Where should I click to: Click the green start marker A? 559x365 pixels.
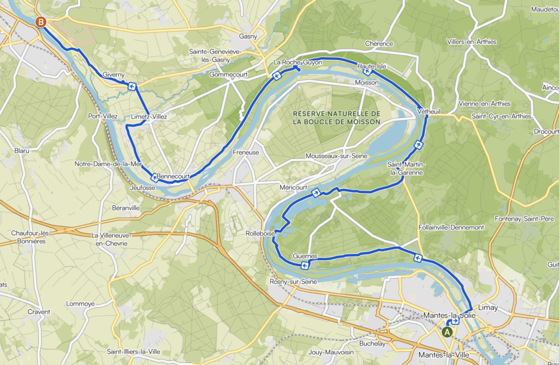(x=448, y=331)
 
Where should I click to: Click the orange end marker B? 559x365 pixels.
(x=40, y=22)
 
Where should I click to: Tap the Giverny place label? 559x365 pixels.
(x=114, y=75)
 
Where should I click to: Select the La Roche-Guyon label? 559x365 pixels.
(x=298, y=63)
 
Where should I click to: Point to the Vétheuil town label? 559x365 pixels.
(x=429, y=111)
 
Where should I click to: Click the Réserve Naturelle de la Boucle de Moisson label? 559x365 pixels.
(x=336, y=117)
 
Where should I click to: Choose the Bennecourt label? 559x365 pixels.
(x=173, y=176)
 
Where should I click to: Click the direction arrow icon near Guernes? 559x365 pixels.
(x=305, y=265)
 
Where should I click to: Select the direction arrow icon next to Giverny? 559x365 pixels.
(x=132, y=86)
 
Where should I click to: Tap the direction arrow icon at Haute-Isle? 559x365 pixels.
(x=368, y=71)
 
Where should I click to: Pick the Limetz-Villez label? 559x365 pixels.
(x=149, y=116)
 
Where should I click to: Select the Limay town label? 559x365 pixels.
(x=487, y=308)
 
